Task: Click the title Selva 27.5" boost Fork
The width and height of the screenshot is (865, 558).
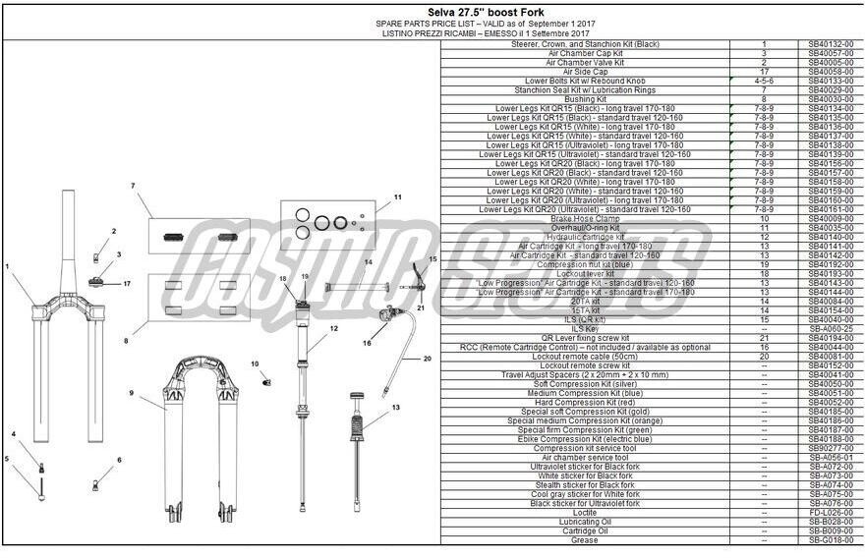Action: coord(432,11)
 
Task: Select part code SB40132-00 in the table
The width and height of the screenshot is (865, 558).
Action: coord(831,44)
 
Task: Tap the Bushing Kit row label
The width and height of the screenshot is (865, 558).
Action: coord(586,99)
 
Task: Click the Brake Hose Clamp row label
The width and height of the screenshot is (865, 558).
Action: coord(586,219)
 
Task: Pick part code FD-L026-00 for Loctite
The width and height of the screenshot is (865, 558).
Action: coord(831,513)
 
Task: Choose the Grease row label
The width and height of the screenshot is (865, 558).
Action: coord(586,540)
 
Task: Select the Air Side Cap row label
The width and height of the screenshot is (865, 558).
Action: coord(586,72)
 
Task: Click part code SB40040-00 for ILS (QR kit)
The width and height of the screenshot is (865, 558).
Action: coord(831,319)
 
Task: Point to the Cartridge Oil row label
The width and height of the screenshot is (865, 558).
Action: coord(586,531)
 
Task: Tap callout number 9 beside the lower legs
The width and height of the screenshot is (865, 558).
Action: coord(131,393)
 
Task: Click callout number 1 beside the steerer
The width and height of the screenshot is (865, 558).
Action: coord(7,266)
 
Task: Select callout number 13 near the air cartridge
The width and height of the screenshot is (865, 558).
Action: coord(396,407)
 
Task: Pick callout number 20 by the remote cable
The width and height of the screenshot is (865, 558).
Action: coord(428,359)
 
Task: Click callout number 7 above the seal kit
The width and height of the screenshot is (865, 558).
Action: coord(132,186)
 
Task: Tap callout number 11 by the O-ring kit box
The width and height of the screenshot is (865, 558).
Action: coord(398,197)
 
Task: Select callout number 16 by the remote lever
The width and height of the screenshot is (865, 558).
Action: coord(367,344)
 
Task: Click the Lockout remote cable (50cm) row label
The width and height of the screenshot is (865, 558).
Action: coord(586,357)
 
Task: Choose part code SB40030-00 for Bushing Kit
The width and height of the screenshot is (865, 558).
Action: coord(831,99)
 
